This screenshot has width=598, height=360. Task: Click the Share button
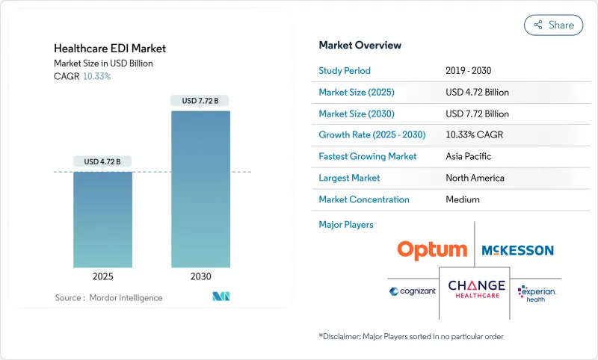click(x=554, y=25)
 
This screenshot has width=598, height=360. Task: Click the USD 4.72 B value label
click(x=102, y=161)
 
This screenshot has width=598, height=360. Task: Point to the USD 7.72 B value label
click(x=200, y=100)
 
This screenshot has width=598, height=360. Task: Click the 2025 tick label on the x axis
click(x=102, y=276)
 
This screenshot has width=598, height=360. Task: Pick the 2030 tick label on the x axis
click(x=200, y=276)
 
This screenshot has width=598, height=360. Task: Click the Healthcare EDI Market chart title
click(x=110, y=49)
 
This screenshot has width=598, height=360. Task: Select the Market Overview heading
click(x=360, y=46)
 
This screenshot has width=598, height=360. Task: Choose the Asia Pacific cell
click(x=469, y=157)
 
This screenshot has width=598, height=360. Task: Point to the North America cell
click(x=475, y=178)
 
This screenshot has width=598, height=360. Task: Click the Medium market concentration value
click(x=463, y=199)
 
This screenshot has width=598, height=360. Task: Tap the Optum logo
click(x=432, y=250)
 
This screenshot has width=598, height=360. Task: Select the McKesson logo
click(x=517, y=250)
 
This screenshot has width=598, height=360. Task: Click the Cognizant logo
click(x=411, y=291)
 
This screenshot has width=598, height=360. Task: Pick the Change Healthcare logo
click(x=476, y=289)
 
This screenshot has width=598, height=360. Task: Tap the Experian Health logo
click(x=537, y=291)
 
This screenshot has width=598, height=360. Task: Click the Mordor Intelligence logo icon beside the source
click(x=221, y=297)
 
